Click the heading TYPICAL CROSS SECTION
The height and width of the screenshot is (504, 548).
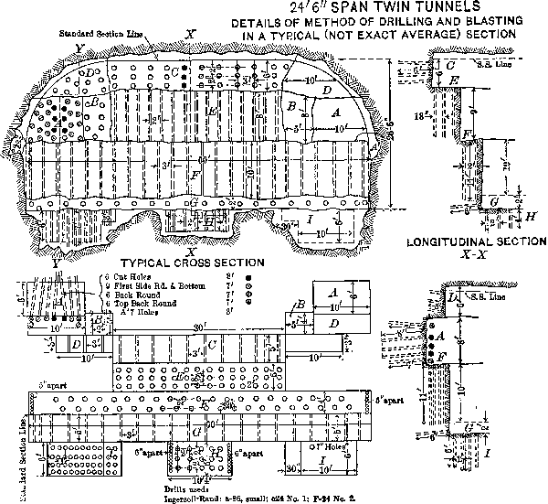click(185, 263)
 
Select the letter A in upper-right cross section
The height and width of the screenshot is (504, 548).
click(335, 112)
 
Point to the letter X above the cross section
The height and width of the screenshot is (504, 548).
click(190, 34)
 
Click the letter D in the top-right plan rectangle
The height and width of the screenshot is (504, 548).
click(335, 324)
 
